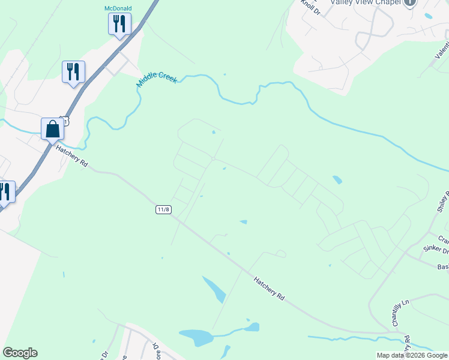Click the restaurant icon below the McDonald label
click(119, 24)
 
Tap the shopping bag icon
click(53, 128)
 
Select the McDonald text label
click(118, 8)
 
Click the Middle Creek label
click(157, 79)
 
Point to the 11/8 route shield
click(163, 209)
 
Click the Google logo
click(20, 353)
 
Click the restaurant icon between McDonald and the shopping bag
click(73, 71)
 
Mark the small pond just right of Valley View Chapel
click(427, 16)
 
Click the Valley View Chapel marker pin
click(410, 3)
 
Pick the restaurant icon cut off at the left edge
click(5, 192)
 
